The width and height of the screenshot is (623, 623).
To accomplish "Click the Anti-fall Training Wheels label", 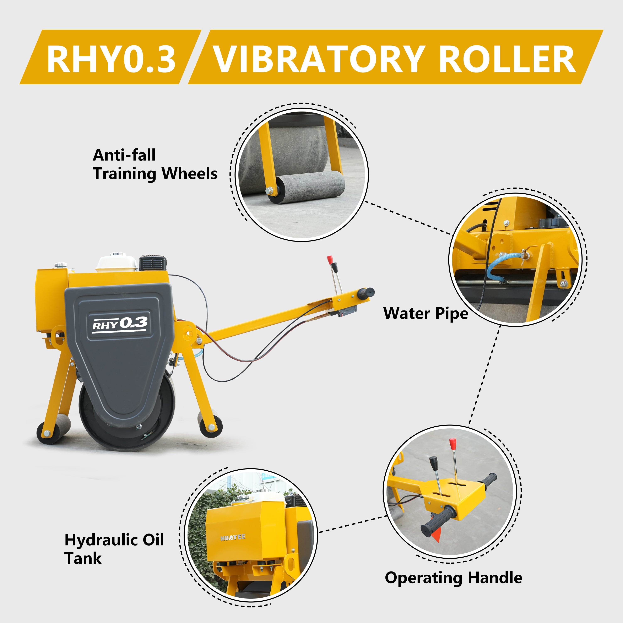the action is coord(155,164).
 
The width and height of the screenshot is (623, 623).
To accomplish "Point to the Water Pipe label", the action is coord(426,313).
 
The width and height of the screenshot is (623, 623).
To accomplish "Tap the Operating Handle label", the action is coord(453,578).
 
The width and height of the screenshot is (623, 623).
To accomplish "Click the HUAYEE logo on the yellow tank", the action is coord(233,537).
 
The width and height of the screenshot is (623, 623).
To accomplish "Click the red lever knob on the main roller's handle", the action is coord(330,259).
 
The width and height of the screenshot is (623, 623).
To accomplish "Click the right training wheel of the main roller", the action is coord(210,424).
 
